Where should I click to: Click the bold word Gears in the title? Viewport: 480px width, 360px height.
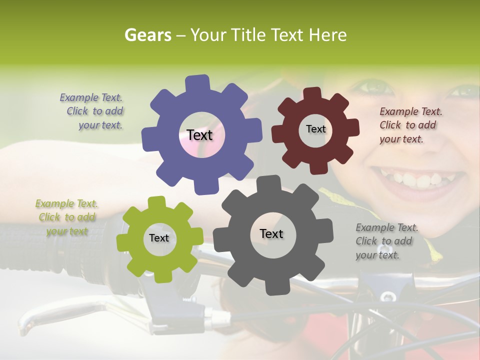click(x=147, y=35)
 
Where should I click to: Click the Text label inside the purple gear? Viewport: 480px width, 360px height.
click(x=199, y=135)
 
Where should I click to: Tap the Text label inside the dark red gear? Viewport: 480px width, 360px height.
click(x=315, y=129)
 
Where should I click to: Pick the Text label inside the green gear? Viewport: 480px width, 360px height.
click(x=159, y=238)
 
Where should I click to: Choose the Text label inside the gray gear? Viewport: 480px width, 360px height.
click(x=271, y=233)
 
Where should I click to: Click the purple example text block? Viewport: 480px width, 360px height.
click(x=93, y=111)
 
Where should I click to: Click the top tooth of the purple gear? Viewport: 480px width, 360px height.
click(x=198, y=83)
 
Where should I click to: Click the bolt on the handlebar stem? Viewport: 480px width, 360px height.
click(x=387, y=296)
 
